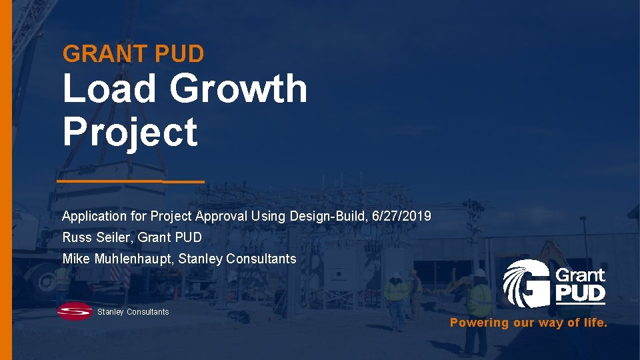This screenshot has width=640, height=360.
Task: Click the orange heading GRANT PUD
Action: click(x=133, y=53)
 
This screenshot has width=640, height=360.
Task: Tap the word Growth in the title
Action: click(x=238, y=89)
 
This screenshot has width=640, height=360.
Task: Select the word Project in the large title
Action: click(x=130, y=131)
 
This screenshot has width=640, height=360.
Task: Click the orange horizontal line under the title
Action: click(x=130, y=181)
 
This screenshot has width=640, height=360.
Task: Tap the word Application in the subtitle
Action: click(x=94, y=216)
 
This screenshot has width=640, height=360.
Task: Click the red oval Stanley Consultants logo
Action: click(x=74, y=311)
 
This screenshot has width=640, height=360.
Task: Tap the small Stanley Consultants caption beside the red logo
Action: click(x=133, y=312)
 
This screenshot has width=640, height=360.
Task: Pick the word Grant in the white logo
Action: click(x=580, y=275)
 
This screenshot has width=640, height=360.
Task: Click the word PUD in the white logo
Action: click(x=580, y=293)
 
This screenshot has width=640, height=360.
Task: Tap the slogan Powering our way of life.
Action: click(x=529, y=323)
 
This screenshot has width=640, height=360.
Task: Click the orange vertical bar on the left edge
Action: click(x=5, y=180)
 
